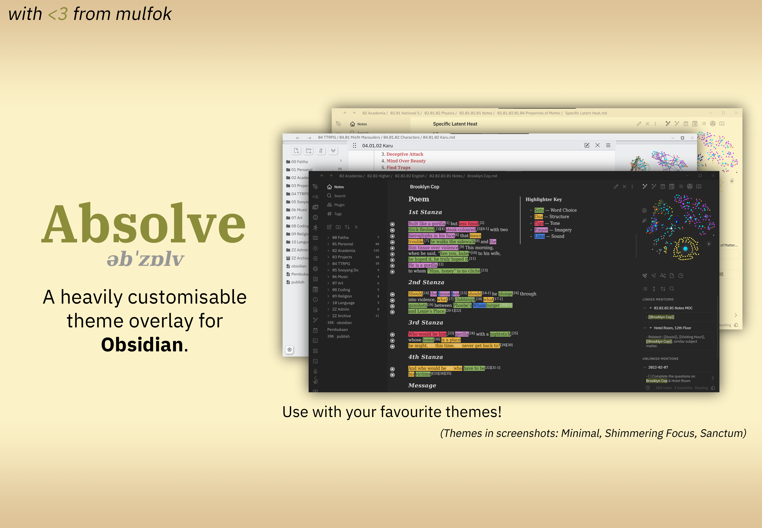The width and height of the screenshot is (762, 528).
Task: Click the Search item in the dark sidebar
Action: click(x=340, y=196)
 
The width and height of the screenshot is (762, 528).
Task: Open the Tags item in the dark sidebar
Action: click(x=338, y=214)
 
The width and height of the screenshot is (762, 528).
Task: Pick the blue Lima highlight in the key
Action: click(x=539, y=236)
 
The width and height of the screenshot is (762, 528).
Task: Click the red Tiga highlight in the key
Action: click(x=539, y=223)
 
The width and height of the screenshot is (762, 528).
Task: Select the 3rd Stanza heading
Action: click(x=425, y=323)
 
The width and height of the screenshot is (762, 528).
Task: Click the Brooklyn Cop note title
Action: click(x=424, y=187)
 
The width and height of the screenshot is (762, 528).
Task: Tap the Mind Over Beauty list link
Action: click(x=406, y=161)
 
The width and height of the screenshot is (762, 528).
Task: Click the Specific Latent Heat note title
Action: click(x=455, y=124)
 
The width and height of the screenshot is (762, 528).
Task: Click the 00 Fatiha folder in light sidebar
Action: click(x=299, y=162)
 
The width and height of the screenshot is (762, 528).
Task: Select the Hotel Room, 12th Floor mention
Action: click(x=672, y=328)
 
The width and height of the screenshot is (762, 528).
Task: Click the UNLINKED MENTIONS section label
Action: click(x=660, y=359)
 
